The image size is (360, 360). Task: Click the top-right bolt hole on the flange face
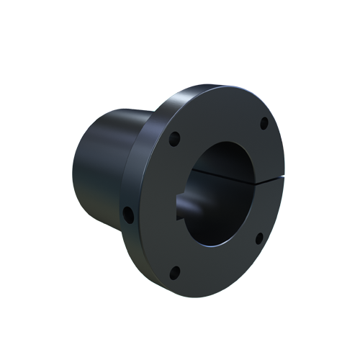pos(264,123)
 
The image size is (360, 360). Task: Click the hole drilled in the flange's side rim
pos(127,214)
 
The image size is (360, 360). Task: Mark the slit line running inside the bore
pos(220,174)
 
